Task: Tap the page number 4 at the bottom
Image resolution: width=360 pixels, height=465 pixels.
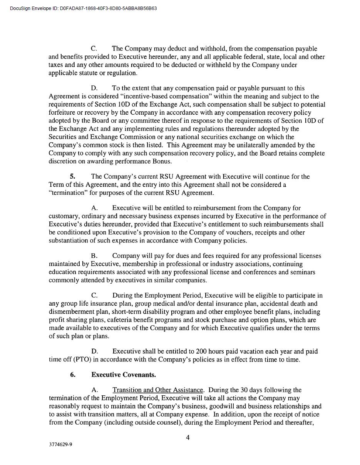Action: point(188,437)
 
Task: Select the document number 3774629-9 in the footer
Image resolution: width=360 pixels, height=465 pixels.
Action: point(60,444)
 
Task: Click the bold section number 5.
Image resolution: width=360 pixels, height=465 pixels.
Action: point(72,176)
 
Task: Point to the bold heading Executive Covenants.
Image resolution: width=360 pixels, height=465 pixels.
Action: point(123,375)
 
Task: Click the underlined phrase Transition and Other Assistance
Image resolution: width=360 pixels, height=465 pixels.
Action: point(157,390)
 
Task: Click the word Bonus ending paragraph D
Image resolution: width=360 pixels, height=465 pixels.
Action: point(162,161)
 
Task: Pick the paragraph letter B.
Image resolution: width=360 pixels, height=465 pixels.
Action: point(94,256)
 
